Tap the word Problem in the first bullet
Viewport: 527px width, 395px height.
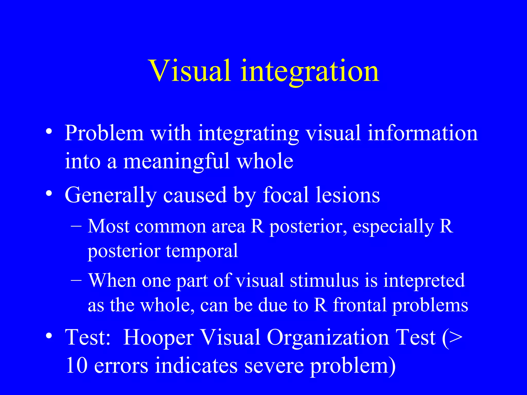click(104, 133)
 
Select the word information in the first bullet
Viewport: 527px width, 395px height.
click(422, 133)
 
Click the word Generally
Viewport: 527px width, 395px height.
click(110, 195)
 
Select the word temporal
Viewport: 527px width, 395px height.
click(202, 251)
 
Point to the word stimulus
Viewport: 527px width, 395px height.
click(324, 280)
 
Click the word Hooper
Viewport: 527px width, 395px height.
click(158, 337)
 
